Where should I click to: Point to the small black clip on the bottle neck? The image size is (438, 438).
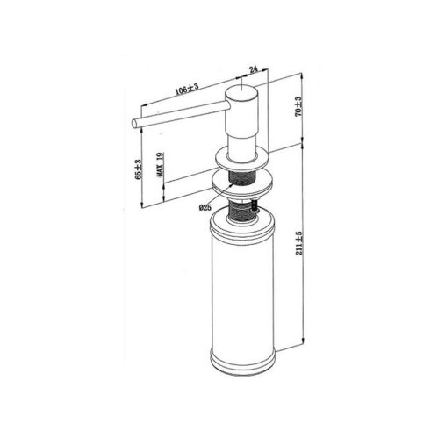pos(254,207)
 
